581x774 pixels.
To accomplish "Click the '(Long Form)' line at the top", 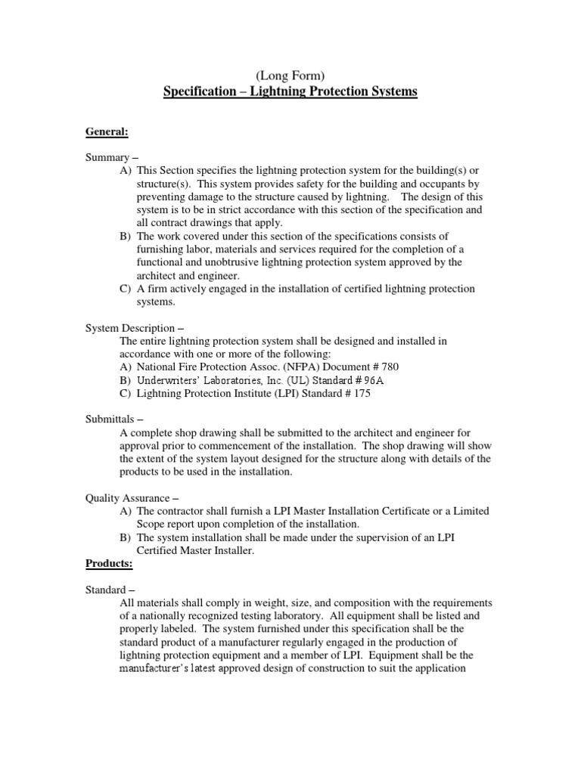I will [290, 76].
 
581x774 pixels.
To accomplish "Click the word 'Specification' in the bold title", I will [199, 92].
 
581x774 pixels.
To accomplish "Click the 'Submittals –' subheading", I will [114, 420].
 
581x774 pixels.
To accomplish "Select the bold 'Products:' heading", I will [109, 564].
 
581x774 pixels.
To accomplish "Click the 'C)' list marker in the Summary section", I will [126, 289].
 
